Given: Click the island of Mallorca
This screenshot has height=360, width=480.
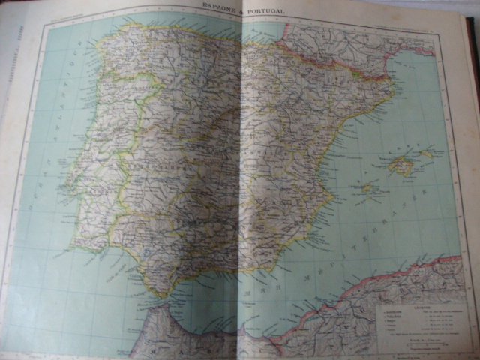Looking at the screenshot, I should click(402, 165).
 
